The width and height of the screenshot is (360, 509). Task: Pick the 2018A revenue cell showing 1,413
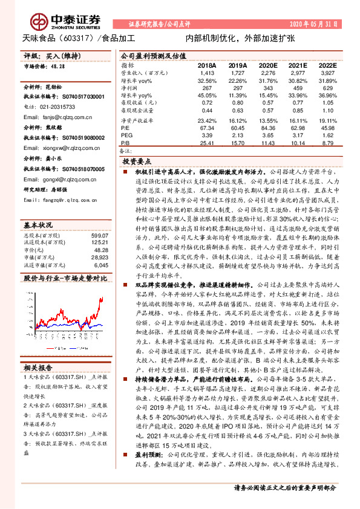[x=206, y=72]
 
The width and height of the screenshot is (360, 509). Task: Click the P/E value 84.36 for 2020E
[x=266, y=128]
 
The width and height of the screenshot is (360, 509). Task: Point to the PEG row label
[x=126, y=135]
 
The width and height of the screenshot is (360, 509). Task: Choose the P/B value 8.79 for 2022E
[x=327, y=143]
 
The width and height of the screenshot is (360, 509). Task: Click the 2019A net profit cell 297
[x=237, y=88]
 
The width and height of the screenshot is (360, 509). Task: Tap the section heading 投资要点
[x=137, y=162]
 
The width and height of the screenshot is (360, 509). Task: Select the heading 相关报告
[x=38, y=367]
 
